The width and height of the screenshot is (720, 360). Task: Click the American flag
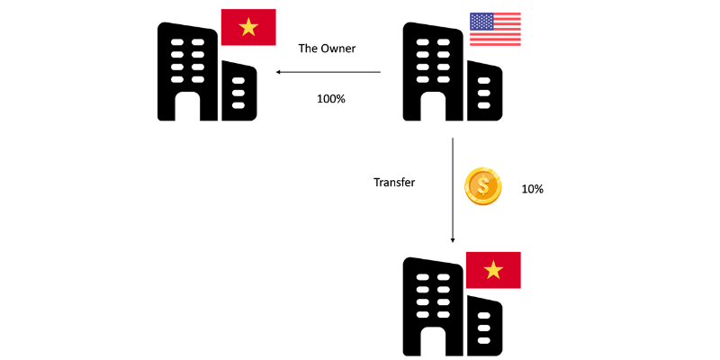pyautogui.click(x=495, y=30)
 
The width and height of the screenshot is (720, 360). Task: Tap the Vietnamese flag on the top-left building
pyautogui.click(x=248, y=29)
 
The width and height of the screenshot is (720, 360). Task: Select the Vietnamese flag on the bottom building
pyautogui.click(x=493, y=270)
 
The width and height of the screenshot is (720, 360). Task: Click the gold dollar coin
pyautogui.click(x=482, y=186)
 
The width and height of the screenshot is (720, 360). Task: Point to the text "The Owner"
pyautogui.click(x=328, y=49)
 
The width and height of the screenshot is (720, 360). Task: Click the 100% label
pyautogui.click(x=330, y=98)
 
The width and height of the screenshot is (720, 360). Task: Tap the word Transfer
pyautogui.click(x=394, y=182)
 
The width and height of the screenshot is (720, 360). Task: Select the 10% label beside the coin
pyautogui.click(x=532, y=190)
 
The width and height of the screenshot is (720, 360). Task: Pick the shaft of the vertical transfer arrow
pyautogui.click(x=453, y=189)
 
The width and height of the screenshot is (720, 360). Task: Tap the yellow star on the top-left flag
pyautogui.click(x=248, y=29)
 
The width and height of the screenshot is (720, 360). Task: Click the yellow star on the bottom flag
pyautogui.click(x=493, y=270)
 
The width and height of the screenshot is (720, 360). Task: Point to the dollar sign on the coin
pyautogui.click(x=482, y=186)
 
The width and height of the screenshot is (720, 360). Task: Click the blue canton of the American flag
pyautogui.click(x=481, y=22)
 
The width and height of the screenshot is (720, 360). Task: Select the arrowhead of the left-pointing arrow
pyautogui.click(x=279, y=73)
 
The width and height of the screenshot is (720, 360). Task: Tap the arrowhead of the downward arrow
pyautogui.click(x=453, y=239)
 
